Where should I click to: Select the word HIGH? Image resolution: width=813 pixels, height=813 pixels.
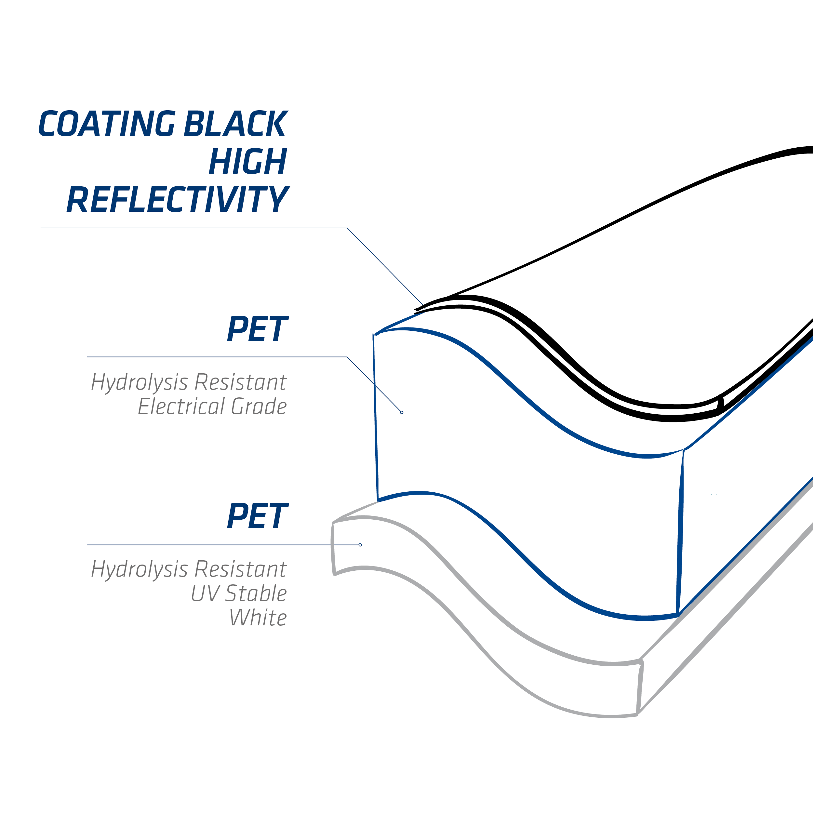pyautogui.click(x=248, y=161)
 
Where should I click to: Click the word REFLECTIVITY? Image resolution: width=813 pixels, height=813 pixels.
pyautogui.click(x=178, y=199)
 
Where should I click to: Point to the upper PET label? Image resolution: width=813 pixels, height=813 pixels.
pyautogui.click(x=258, y=329)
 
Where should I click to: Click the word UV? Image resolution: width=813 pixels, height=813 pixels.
pyautogui.click(x=205, y=594)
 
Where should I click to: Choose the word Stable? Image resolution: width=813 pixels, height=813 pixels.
pyautogui.click(x=256, y=593)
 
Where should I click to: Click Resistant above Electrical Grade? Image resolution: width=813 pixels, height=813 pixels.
pyautogui.click(x=241, y=382)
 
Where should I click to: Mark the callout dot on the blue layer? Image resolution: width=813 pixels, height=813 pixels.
pyautogui.click(x=402, y=412)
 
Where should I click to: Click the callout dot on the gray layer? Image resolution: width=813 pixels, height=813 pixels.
pyautogui.click(x=360, y=545)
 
